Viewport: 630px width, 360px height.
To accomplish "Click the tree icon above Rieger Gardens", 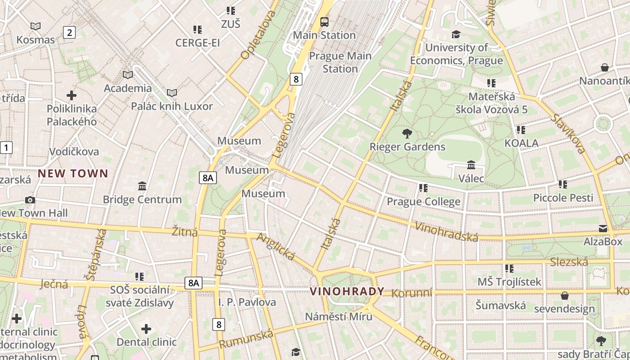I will point(407,133).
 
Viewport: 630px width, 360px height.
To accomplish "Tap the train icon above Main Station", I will point(324,22).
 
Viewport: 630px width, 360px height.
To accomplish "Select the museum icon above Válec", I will point(471,165).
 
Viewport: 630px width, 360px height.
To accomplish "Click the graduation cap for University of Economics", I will point(456,34).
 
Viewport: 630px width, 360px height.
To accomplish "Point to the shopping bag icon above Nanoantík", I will point(605,67).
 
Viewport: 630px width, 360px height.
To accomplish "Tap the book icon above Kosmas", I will point(35,27).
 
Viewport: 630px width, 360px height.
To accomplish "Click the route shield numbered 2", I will point(69,32).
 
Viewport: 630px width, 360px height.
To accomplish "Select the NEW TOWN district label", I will point(73,173).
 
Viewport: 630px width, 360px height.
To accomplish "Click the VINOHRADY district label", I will point(347,291).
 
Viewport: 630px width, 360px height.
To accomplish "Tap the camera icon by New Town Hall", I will point(30,200).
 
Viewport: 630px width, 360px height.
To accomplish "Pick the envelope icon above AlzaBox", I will point(603,229).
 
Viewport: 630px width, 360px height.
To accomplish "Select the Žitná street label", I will point(185,232).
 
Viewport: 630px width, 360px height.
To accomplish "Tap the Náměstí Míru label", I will point(338,316).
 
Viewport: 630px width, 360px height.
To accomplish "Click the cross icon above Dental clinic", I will point(146,329).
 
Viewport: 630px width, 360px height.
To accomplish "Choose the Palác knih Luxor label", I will point(171,106).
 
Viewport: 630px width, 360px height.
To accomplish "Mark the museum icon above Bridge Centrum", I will point(142,186).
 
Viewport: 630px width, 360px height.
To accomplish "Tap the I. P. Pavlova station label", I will point(247,301).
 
